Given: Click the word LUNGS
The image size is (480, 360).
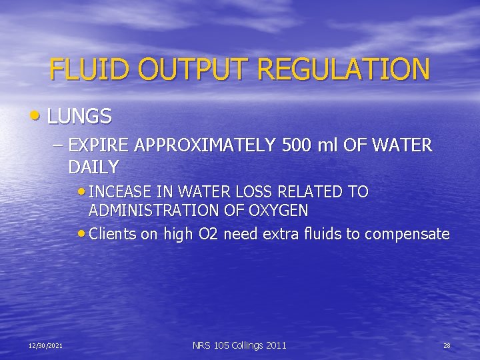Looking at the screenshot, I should click(79, 117).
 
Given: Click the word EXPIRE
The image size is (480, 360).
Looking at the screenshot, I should click(94, 145).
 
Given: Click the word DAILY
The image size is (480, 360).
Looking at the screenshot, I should click(93, 167).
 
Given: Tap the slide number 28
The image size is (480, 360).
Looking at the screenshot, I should click(447, 345).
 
